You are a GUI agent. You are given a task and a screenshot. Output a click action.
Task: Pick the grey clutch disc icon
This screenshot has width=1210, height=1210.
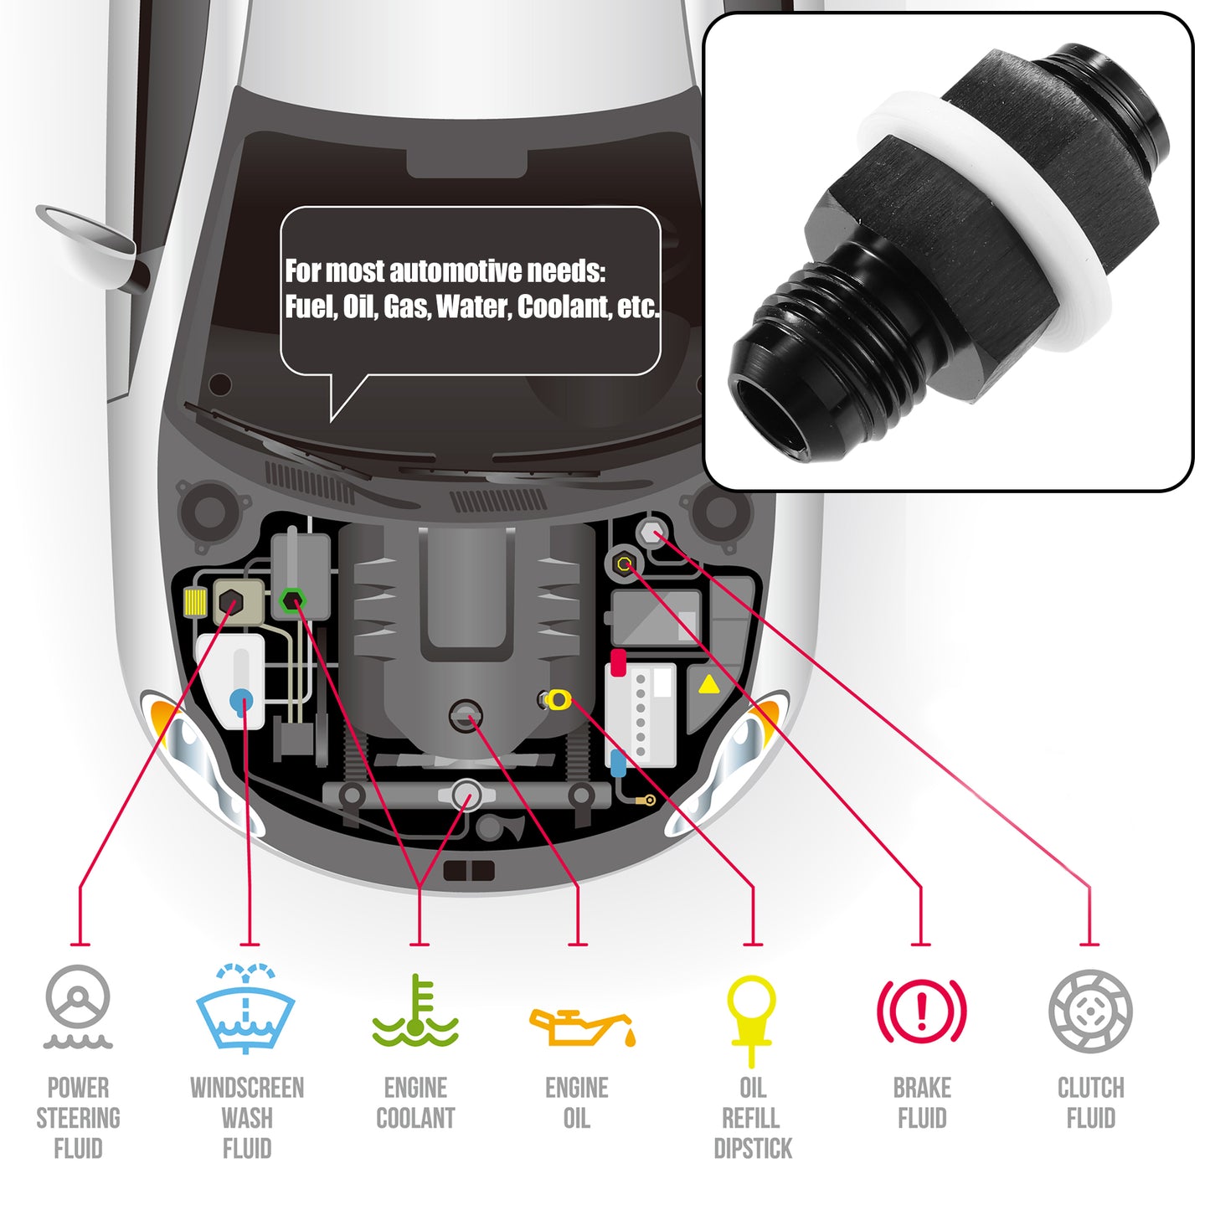coord(1090,1011)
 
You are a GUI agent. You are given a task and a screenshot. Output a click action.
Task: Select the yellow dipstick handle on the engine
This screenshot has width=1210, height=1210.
coord(558,699)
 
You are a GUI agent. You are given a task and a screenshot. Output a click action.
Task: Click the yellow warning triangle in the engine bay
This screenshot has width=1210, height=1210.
coord(709,684)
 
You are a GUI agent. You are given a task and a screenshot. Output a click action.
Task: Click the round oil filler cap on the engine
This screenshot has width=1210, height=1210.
coord(466,717)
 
